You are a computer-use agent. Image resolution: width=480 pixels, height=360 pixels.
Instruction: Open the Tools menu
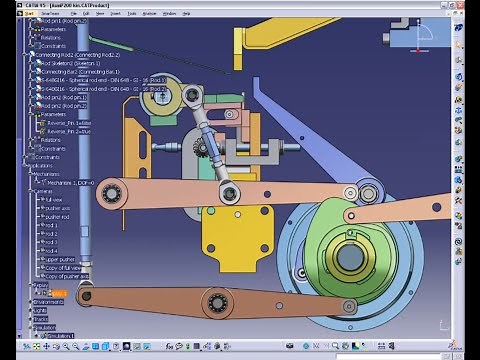[x=131, y=14]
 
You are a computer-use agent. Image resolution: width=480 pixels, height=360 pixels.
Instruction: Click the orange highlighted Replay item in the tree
[x=57, y=293]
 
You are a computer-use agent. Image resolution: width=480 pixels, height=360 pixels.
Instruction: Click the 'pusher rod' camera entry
[x=56, y=216]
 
